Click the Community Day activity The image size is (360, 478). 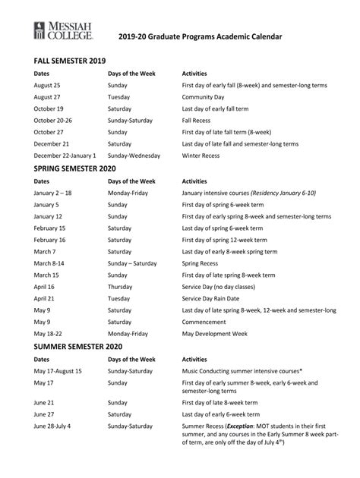coord(208,97)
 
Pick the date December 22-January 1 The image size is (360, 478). coord(65,155)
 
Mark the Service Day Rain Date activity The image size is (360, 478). coord(216,298)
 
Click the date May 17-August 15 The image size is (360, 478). coord(57,371)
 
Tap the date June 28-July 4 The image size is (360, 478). coord(52,426)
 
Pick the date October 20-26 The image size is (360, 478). coord(53,120)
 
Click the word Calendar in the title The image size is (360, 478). coord(259,35)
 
